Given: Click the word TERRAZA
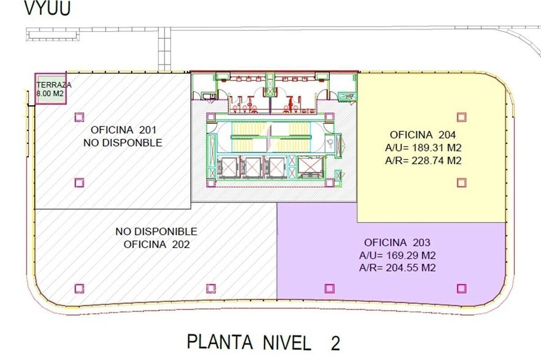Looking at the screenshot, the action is (x=54, y=85).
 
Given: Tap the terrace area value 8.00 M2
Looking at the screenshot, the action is (x=50, y=93).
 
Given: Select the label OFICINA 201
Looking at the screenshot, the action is (x=124, y=130).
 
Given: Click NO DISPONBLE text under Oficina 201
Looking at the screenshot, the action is (x=123, y=143).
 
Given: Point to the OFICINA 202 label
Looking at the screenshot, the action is (x=156, y=244).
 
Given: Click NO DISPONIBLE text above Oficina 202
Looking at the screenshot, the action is (x=156, y=231).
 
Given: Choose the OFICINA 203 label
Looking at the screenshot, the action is (x=397, y=242).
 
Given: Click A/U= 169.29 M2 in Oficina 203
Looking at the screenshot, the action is (x=398, y=255).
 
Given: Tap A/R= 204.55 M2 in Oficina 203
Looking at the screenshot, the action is (x=398, y=268).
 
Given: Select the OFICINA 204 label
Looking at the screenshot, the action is (x=423, y=134).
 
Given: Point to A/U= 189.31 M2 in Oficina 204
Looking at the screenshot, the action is (x=423, y=148).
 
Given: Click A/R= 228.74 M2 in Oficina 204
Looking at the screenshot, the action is (x=423, y=161).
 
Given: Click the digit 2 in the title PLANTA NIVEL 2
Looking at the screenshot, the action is (x=335, y=344).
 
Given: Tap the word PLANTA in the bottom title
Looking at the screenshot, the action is (x=220, y=342).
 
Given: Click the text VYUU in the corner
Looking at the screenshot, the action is (x=48, y=9).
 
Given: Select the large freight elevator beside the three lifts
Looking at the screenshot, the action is (x=310, y=167).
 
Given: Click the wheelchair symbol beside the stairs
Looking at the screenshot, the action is (x=330, y=143).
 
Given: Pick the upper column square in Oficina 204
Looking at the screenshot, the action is (x=462, y=117).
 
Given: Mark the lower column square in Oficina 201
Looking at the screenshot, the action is (x=79, y=183).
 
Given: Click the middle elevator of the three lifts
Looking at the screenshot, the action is (x=252, y=167).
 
